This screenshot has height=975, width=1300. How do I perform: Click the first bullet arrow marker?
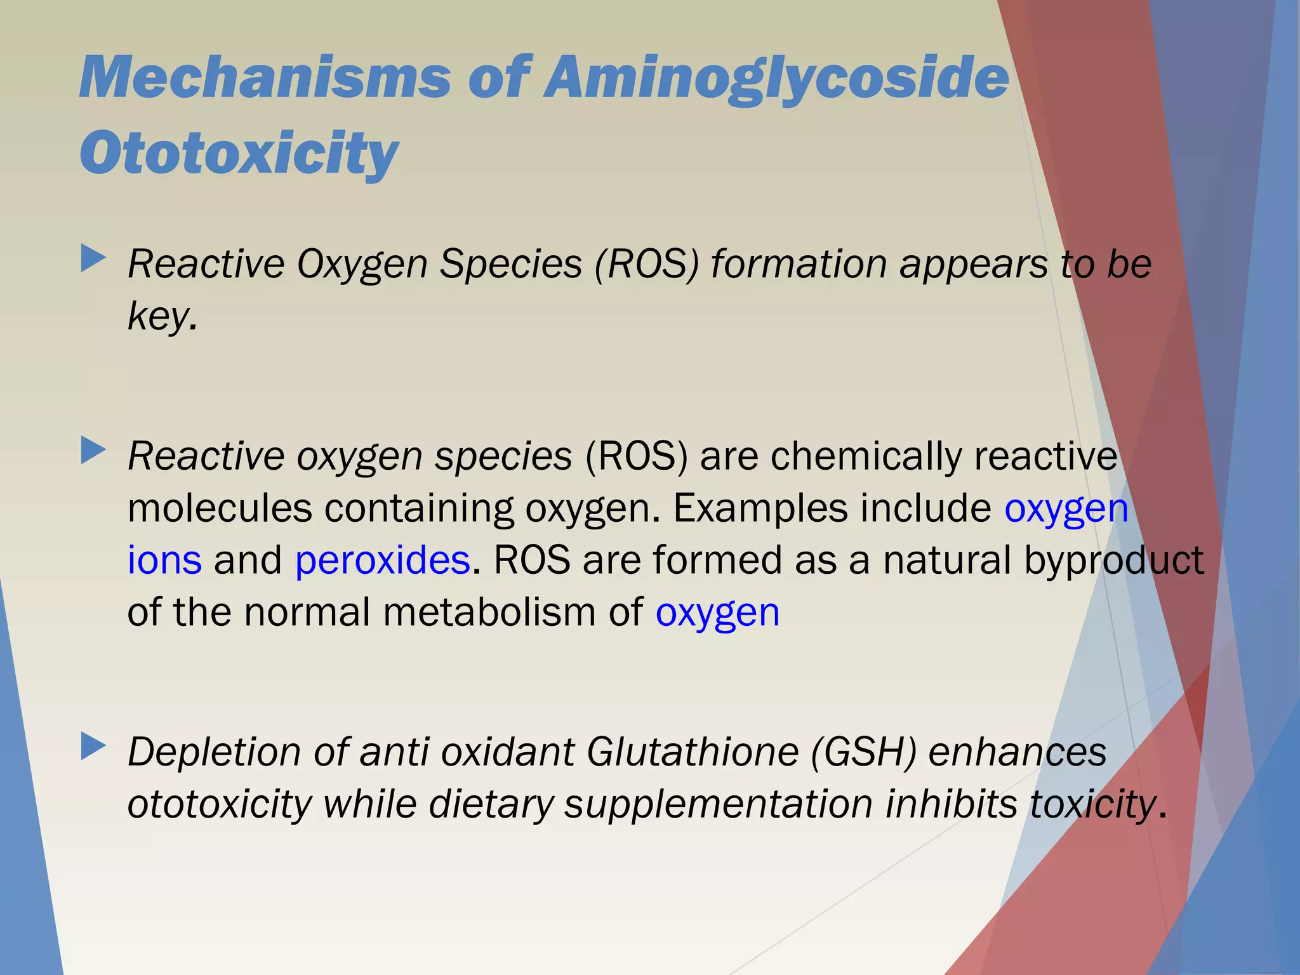tap(93, 260)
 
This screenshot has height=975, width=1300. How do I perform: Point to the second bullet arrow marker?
tap(93, 451)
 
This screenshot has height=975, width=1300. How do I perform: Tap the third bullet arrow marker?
tap(93, 747)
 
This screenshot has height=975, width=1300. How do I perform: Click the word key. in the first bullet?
tap(162, 316)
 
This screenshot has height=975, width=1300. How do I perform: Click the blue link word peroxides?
tap(383, 560)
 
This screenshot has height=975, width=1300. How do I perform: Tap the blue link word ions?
tap(164, 560)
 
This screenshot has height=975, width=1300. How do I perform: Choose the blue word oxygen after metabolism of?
tap(717, 613)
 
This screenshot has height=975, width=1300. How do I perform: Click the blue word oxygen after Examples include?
tap(1066, 509)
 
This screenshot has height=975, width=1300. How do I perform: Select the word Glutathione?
tap(692, 752)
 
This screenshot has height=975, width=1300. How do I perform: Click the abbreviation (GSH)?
tap(864, 752)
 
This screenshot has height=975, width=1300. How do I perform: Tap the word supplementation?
tap(719, 805)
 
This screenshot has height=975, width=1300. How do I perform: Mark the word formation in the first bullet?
tap(799, 263)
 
